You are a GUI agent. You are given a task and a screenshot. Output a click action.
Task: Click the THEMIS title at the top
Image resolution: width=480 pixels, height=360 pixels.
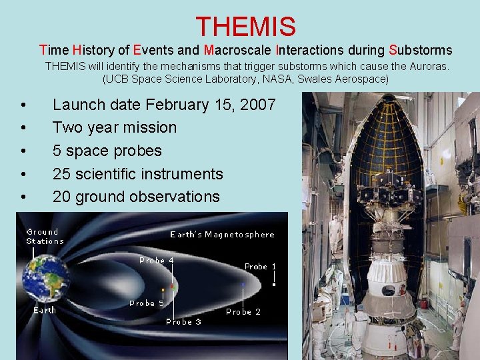tap(245, 27)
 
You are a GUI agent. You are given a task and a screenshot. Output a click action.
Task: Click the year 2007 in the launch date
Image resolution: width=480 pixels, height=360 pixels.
tap(257, 105)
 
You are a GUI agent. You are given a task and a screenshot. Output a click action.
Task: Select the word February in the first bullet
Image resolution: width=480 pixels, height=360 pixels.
tap(181, 105)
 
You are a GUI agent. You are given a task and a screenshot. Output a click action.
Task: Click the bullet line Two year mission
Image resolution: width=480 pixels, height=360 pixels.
tap(115, 127)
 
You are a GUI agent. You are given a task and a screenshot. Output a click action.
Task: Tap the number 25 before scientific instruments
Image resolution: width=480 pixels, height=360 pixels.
tap(63, 174)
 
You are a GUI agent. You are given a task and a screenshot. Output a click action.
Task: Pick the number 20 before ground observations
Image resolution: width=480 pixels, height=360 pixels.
tap(63, 197)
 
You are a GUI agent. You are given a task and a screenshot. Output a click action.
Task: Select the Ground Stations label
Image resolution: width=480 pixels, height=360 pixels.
tap(45, 237)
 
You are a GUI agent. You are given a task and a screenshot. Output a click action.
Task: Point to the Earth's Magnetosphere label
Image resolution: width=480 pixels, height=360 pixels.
tap(222, 235)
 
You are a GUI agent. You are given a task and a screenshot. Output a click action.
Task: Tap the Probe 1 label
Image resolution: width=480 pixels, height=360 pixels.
tap(260, 267)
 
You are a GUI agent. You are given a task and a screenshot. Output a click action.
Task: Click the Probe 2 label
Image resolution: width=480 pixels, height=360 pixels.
tap(243, 311)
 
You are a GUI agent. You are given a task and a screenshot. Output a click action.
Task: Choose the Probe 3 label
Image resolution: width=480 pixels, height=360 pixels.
tap(183, 322)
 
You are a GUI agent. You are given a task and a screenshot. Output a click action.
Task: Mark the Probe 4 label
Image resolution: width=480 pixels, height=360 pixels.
tap(157, 261)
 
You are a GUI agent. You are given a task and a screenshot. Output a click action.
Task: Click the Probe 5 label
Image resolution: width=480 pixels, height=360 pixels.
tap(147, 303)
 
